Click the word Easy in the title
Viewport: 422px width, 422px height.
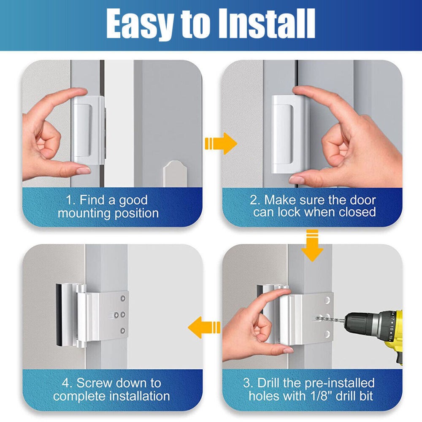[140, 24]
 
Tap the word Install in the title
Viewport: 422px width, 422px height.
[267, 24]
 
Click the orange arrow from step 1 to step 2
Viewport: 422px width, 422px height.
[221, 143]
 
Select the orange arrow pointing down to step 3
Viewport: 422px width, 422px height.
[312, 246]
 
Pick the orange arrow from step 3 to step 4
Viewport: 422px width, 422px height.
[204, 327]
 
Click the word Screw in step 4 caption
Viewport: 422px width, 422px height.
[93, 383]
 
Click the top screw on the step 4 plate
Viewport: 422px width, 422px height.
[123, 298]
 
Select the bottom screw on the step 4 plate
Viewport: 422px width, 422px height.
[123, 330]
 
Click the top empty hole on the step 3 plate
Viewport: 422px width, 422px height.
[327, 300]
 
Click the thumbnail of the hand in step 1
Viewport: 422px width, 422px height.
[84, 170]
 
